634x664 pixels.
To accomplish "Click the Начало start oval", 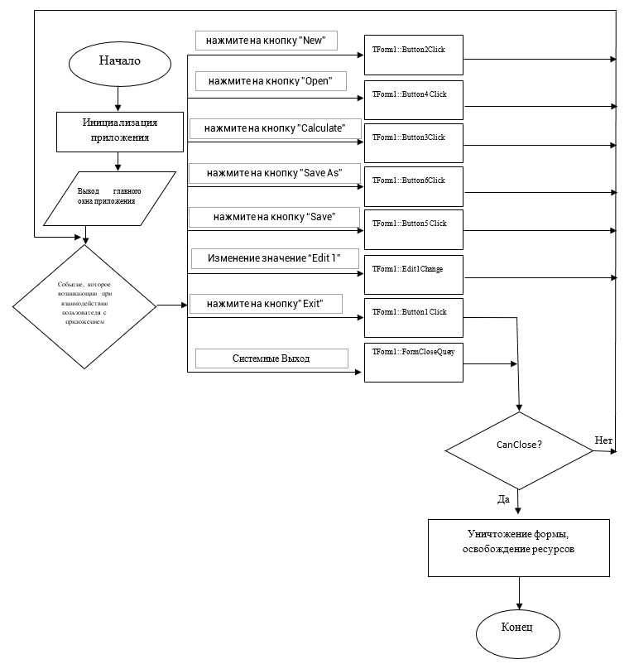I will point(120,61).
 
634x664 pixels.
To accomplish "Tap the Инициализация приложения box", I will point(119,131).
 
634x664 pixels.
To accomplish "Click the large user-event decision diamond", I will point(84,306).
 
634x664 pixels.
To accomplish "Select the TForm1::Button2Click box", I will point(414,56).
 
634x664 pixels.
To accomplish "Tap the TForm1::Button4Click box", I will point(414,101).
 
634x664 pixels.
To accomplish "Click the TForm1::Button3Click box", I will point(414,143).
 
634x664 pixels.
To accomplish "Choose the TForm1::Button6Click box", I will point(414,187).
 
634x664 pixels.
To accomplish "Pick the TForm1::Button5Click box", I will point(414,230).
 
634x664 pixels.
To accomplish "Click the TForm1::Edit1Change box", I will point(414,276).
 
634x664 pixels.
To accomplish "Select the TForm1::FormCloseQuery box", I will point(414,362).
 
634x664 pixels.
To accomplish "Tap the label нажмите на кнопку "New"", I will point(266,41).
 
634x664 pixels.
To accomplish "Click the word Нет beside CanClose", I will point(603,440).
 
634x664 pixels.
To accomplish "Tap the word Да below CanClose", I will point(502,499).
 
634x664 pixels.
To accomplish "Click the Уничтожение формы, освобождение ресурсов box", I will point(518,547).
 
